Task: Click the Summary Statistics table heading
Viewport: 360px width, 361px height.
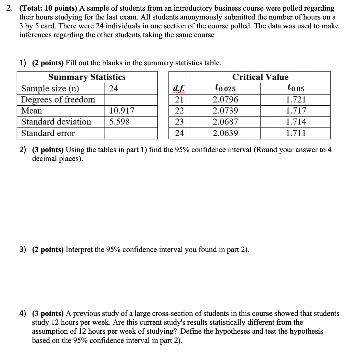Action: click(x=87, y=77)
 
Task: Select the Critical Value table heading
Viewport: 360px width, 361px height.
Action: click(x=260, y=77)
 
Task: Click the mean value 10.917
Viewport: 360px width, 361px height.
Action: click(x=122, y=111)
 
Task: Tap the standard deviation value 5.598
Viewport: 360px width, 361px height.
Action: click(x=119, y=122)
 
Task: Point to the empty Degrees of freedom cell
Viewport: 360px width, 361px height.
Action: click(x=131, y=100)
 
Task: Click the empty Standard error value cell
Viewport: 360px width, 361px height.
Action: click(x=131, y=133)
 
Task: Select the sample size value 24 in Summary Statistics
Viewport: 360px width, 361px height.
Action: click(x=114, y=89)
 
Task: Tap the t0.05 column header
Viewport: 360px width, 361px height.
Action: click(x=296, y=89)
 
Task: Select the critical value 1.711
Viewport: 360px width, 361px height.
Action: click(x=296, y=133)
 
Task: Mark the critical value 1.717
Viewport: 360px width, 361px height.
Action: click(x=296, y=111)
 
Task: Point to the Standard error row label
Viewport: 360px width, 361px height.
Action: click(x=48, y=133)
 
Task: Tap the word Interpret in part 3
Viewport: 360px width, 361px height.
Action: click(x=79, y=250)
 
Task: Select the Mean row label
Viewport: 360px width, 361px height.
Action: click(x=32, y=111)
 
